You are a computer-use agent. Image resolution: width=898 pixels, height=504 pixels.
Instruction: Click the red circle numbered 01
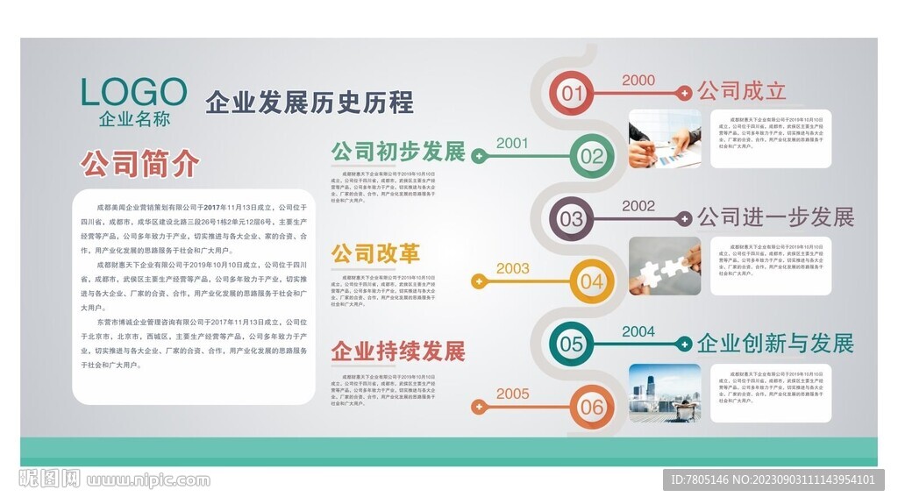point(572,93)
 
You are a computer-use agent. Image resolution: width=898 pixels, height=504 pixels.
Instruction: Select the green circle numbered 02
point(592,156)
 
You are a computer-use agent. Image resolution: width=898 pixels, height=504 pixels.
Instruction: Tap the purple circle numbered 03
point(572,218)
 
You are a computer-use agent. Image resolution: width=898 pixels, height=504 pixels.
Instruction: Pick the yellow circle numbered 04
point(592,281)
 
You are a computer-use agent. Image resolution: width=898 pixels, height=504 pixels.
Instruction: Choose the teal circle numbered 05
point(572,344)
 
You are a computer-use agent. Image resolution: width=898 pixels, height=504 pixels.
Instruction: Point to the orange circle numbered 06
point(592,407)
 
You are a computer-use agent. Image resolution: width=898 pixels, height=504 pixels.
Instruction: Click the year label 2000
point(638,80)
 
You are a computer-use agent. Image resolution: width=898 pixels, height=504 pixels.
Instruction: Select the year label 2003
point(513,268)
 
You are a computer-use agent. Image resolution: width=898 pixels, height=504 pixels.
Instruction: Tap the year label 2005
point(513,394)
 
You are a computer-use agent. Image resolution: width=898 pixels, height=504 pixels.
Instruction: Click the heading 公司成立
point(741,90)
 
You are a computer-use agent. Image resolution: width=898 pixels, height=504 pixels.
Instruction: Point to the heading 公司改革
point(375,254)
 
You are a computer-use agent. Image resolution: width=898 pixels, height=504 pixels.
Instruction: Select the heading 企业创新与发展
point(775,343)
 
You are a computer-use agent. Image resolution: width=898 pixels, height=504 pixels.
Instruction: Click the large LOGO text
point(133,92)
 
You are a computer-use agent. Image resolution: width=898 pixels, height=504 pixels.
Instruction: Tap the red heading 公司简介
point(140,163)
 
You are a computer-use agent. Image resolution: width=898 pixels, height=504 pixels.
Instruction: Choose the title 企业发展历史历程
point(309,103)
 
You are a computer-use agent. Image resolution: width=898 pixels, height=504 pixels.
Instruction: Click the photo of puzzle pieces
point(665,266)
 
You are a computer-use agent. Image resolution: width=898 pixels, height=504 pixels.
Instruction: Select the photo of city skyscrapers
point(665,393)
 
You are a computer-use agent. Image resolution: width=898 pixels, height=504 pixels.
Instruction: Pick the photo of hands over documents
point(665,139)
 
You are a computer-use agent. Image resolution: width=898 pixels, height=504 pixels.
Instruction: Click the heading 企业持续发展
point(398,351)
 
